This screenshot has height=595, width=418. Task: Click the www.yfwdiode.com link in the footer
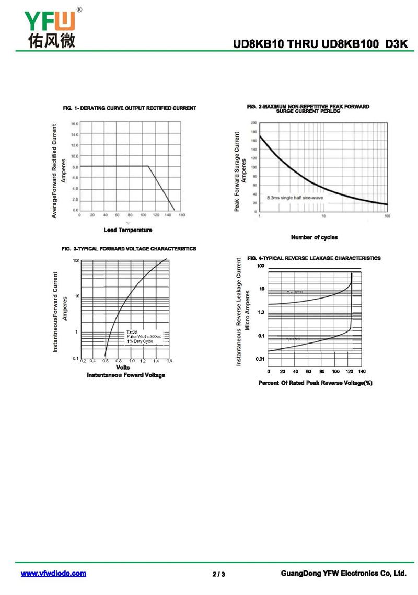tap(53, 574)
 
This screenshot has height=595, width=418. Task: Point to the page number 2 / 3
tap(219, 575)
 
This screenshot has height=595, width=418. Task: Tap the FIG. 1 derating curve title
tap(130, 108)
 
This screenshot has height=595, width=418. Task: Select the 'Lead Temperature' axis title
tap(128, 230)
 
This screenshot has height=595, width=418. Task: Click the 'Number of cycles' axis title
tap(314, 237)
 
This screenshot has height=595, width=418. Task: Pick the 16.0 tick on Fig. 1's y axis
tap(75, 124)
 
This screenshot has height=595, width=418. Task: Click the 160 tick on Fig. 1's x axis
tap(182, 215)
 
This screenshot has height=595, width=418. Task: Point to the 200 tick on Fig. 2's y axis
tap(253, 122)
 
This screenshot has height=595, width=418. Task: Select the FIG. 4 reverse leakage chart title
tap(313, 258)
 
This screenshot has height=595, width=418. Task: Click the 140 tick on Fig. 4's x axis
tap(362, 371)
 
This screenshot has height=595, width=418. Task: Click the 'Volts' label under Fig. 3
tap(123, 368)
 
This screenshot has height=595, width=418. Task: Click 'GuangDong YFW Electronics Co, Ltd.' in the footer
tap(343, 574)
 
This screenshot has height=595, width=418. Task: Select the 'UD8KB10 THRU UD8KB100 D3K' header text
tap(320, 45)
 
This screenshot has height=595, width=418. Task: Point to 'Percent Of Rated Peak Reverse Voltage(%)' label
tap(315, 383)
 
